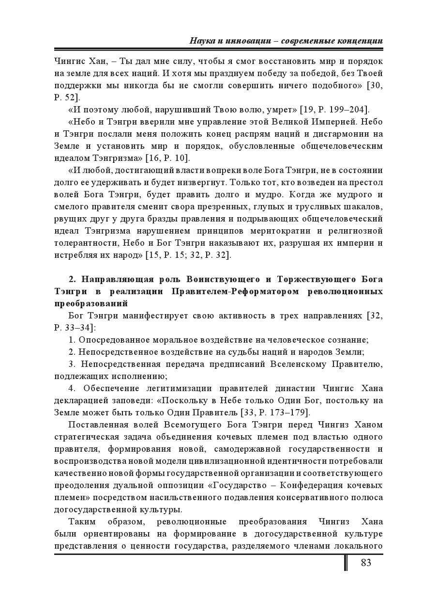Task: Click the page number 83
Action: point(366,563)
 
